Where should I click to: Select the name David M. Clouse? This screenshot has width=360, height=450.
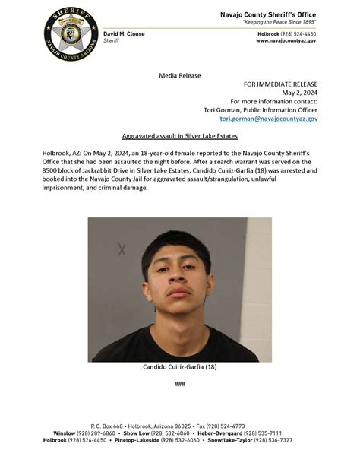point(124,34)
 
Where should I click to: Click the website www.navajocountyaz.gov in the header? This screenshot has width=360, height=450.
point(286,41)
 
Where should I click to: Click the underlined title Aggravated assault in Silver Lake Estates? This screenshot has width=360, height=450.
point(180,135)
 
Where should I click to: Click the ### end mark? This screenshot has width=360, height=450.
point(180,384)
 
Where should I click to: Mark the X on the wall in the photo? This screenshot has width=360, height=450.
point(122,249)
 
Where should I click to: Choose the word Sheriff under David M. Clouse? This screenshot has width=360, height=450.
point(112,41)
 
